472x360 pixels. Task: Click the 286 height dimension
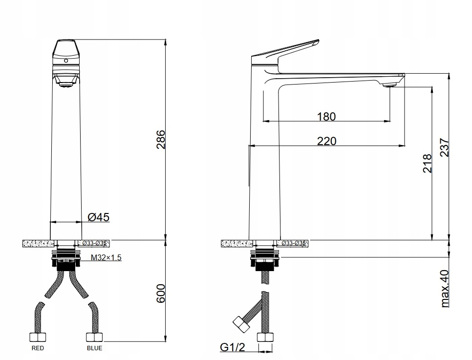click(x=161, y=139)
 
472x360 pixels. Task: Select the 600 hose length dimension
click(x=161, y=293)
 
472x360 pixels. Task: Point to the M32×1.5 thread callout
click(x=106, y=258)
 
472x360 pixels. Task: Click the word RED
click(x=38, y=348)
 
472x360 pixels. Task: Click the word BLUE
click(x=94, y=348)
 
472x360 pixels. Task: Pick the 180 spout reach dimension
click(x=326, y=117)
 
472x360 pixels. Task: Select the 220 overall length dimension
click(x=326, y=141)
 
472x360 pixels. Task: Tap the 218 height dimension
click(x=427, y=164)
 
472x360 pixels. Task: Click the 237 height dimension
click(x=445, y=147)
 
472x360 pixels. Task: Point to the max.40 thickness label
click(x=445, y=289)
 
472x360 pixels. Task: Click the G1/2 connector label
click(x=232, y=348)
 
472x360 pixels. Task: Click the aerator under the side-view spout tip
click(x=389, y=85)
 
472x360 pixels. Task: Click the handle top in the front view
click(x=65, y=49)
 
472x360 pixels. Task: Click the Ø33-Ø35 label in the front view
click(x=94, y=243)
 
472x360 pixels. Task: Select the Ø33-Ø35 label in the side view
click(x=294, y=243)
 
